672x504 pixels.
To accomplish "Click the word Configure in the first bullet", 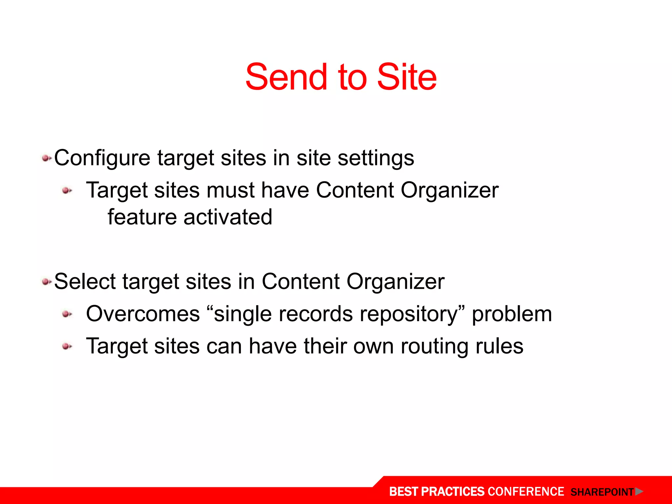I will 102,158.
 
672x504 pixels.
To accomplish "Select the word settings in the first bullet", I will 376,158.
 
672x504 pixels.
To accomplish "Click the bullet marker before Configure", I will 46,159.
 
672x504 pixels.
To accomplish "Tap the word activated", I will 228,217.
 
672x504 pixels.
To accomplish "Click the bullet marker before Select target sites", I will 46,282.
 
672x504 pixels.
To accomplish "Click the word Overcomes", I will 143,314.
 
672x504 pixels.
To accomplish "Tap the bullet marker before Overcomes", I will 67,314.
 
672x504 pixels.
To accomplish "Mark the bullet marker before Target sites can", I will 67,346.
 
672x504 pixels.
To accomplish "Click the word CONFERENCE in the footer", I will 526,492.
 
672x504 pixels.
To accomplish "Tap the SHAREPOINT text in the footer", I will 602,492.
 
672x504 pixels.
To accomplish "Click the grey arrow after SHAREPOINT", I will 639,492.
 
